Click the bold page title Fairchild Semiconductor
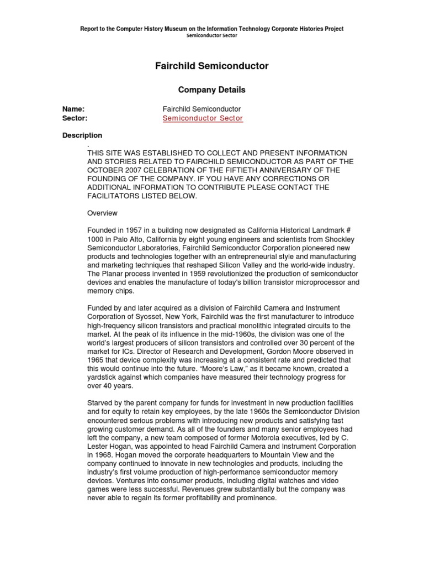tap(212, 66)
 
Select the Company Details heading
tap(212, 90)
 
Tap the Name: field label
tap(73, 109)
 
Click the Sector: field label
tap(75, 118)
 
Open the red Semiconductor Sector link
tap(203, 118)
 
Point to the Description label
tap(82, 135)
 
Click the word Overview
tap(102, 213)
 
